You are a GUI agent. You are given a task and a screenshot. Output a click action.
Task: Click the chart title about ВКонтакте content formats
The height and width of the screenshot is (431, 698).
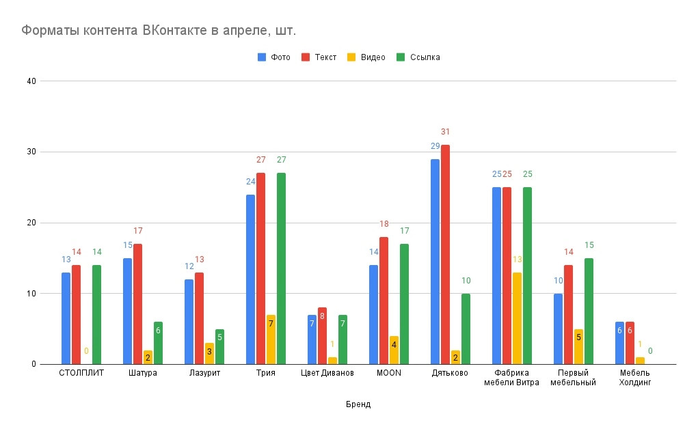click(159, 31)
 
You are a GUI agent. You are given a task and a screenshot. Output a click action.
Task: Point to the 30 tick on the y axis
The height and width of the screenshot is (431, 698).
click(31, 152)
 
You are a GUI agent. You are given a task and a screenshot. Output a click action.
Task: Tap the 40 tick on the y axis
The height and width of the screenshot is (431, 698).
click(31, 81)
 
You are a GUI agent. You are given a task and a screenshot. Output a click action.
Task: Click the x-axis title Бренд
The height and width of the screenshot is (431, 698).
click(358, 404)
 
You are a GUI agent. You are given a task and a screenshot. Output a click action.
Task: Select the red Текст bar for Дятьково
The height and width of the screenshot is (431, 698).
click(446, 254)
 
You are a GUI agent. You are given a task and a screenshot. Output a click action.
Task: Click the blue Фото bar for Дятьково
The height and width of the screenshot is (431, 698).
click(435, 262)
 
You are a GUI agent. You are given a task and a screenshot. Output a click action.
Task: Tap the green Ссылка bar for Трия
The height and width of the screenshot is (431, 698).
click(282, 268)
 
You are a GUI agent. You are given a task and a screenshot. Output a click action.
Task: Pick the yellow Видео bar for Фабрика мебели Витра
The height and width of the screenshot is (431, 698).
click(518, 318)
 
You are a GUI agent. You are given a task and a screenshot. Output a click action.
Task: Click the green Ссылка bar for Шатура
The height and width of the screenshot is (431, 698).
click(159, 343)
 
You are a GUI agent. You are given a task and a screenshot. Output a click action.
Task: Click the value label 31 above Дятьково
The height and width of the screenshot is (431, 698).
click(446, 132)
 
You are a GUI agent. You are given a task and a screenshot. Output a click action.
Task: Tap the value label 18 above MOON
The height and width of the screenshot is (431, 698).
click(384, 224)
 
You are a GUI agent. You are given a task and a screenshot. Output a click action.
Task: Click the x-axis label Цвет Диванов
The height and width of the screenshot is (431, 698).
click(327, 374)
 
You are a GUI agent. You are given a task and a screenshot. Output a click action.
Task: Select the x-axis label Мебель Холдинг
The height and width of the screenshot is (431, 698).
click(634, 378)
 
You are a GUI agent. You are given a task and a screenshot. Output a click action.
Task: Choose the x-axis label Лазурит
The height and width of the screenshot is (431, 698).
click(204, 374)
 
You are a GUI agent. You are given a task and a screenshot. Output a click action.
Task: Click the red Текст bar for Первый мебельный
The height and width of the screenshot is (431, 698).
click(569, 314)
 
